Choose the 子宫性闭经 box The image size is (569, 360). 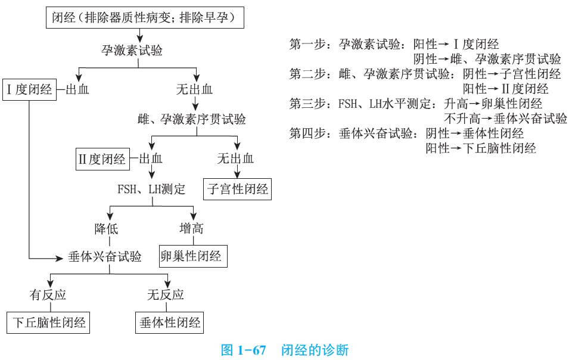[x=238, y=190]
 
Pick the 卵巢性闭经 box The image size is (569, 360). [x=191, y=256]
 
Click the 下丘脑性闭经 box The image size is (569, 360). [x=50, y=323]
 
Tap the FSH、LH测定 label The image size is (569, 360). [x=151, y=190]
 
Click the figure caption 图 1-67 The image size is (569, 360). [x=243, y=349]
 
